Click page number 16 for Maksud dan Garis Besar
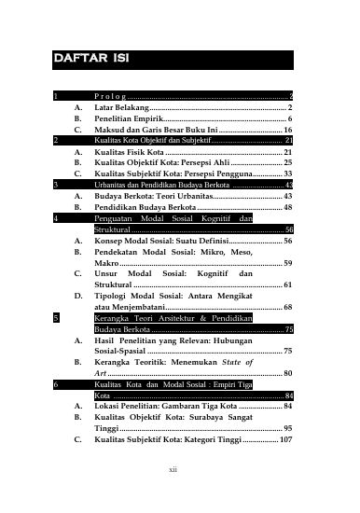click(289, 132)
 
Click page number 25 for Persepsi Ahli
click(288, 162)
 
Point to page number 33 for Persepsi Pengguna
click(288, 173)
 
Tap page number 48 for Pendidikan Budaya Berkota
click(288, 209)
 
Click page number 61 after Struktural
click(288, 284)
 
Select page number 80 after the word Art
click(288, 373)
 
